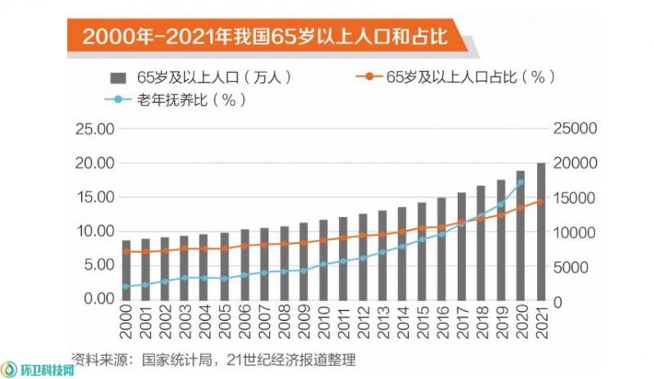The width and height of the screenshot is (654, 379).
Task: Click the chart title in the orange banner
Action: coord(264,37)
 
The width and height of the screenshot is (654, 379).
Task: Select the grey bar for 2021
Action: coord(540,232)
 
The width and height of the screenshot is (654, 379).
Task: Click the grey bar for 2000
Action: coord(126,270)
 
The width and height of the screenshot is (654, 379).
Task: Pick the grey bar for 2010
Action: coord(323,260)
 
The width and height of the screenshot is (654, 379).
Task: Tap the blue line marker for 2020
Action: coord(521,183)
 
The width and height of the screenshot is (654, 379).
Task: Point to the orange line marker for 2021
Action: coord(540,201)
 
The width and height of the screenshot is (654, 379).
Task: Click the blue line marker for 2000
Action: coord(126,287)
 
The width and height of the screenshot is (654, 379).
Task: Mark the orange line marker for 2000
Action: coord(126,251)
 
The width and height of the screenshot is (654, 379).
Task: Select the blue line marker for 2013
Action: coord(383,252)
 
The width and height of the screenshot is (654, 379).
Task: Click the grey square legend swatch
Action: coord(118,78)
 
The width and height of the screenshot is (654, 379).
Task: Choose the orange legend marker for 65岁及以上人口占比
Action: coord(369,76)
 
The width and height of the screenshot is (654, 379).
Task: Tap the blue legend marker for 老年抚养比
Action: coord(118,99)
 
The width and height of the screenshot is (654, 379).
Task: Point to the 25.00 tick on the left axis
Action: coord(95,129)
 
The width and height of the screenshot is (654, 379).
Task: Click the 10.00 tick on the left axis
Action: coord(95,231)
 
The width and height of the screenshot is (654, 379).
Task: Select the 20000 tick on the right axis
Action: coord(576,163)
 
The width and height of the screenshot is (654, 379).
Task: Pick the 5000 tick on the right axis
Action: coord(571,268)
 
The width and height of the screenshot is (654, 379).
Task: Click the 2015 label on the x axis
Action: coord(423,322)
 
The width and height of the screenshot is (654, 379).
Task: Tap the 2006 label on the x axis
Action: coord(244,322)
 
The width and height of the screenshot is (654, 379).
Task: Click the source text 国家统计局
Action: coord(177,360)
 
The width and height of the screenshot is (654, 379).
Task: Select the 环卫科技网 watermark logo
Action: coord(38,369)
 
